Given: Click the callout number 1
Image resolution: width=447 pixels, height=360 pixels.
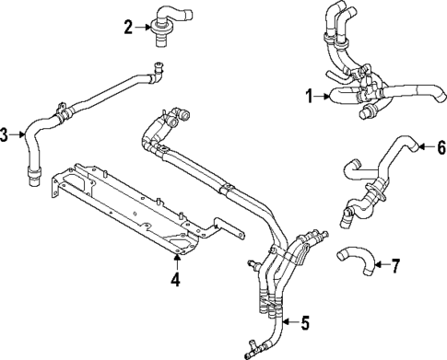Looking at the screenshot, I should point(311,94).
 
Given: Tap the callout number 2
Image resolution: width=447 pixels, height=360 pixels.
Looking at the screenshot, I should point(129,27).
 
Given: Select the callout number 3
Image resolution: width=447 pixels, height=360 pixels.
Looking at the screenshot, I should point(6,136).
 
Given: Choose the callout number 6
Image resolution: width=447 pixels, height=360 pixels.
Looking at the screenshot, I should point(440,146).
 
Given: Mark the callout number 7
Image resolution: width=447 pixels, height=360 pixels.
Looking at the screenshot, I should point(395,267).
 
